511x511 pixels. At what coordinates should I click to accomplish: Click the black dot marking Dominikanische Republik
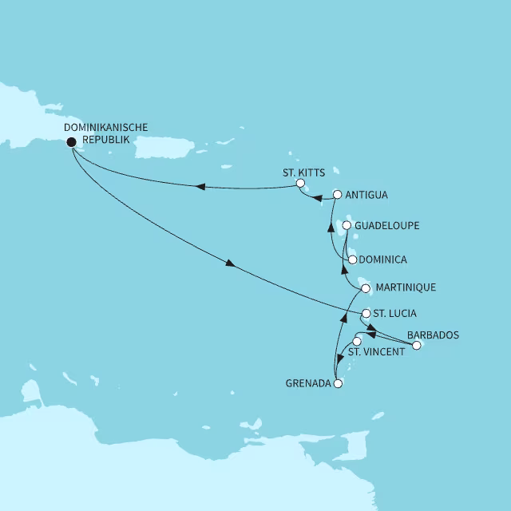(x=71, y=142)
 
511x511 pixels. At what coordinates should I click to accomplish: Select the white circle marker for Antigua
(x=337, y=194)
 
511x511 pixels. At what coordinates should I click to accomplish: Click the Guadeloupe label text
(x=387, y=226)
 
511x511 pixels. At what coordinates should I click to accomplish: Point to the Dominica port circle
(x=351, y=259)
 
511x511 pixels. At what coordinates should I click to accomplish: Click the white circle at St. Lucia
(x=366, y=313)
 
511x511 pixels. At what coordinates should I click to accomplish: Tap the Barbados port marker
(x=416, y=346)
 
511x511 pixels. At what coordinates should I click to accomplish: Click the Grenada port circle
(x=338, y=384)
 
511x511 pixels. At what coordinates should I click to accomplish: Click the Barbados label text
(x=433, y=335)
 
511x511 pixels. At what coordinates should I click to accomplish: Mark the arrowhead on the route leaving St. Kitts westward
(x=200, y=187)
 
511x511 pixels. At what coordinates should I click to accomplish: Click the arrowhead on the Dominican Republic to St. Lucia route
(x=232, y=265)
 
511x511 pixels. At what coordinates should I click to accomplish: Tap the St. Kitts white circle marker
(x=300, y=184)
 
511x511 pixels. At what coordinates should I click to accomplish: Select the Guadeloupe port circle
(x=347, y=226)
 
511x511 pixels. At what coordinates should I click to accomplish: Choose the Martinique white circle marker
(x=366, y=287)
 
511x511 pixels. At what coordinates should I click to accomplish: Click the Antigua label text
(x=367, y=194)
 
